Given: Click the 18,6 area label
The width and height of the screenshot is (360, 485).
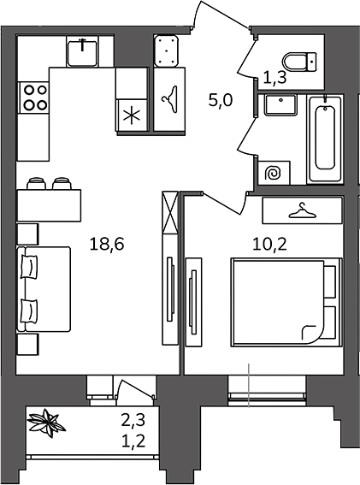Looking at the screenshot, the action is point(107,244).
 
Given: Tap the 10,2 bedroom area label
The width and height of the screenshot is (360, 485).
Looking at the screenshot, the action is point(270,245).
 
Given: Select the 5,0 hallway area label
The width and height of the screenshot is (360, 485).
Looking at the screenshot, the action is point(221,101).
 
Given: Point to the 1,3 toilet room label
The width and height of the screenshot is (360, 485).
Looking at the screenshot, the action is point(275,77).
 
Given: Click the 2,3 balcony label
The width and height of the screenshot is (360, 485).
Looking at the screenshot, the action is point(133,421).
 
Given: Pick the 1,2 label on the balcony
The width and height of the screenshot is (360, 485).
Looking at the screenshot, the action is point(133,441).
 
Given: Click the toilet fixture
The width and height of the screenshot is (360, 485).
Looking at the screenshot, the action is point(300,62).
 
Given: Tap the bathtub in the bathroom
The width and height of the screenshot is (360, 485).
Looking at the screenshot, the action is point(325,139).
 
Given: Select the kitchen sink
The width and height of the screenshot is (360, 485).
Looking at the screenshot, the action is point(82,51).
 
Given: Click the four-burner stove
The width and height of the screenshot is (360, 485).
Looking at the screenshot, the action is point(33,98).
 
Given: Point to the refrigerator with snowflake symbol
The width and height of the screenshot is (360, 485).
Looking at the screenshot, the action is point(132,116).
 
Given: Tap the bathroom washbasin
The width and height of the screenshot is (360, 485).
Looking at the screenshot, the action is point(280,105).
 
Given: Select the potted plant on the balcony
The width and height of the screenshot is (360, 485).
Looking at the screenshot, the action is point(46,423).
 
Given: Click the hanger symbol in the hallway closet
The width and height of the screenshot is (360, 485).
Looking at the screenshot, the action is point(170,99).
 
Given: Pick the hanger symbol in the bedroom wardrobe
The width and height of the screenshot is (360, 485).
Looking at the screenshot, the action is point(301,210).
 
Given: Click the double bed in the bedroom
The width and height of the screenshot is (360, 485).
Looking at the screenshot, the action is point(286,302).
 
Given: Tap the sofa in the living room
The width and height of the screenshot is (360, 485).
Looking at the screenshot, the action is point(44,289).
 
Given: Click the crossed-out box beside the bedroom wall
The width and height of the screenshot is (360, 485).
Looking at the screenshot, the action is point(170,213).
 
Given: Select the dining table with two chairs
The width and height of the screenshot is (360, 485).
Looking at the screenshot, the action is point(49,200).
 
